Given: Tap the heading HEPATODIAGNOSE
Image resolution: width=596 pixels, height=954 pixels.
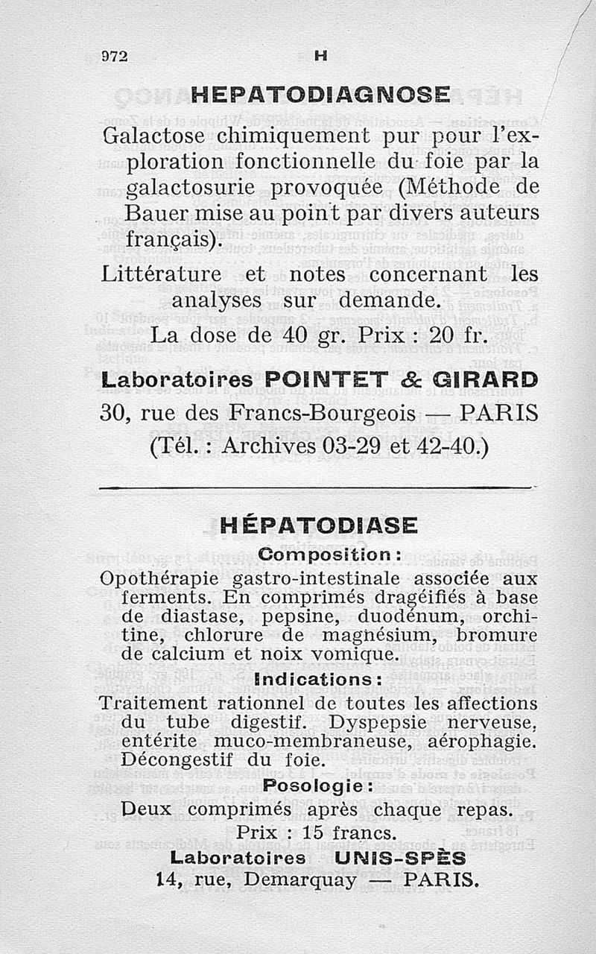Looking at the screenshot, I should [x=320, y=95].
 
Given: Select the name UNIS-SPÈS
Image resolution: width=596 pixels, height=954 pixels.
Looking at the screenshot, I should [x=400, y=857].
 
